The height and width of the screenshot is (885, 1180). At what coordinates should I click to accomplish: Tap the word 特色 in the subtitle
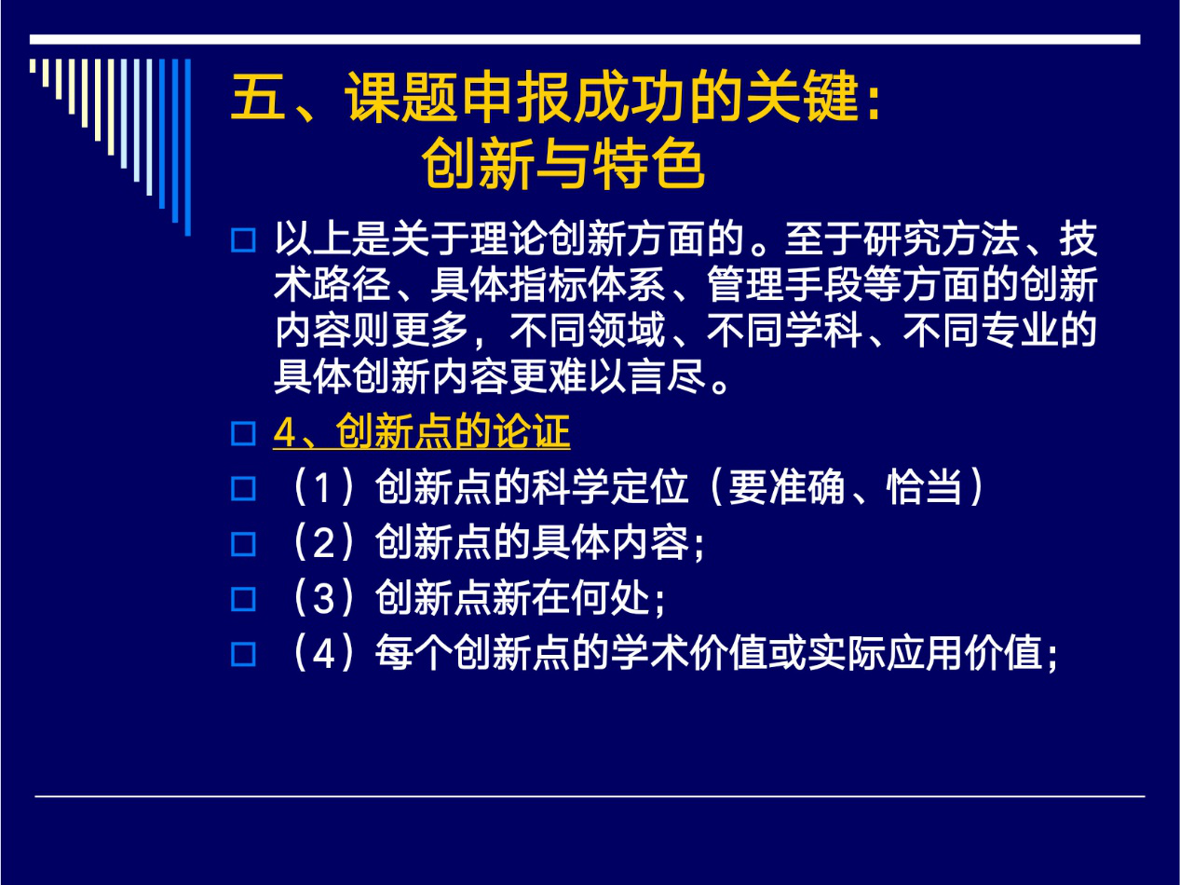(x=648, y=163)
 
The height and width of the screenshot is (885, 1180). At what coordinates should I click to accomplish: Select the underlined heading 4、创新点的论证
(x=422, y=431)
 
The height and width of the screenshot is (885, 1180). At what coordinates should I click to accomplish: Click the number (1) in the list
(x=323, y=487)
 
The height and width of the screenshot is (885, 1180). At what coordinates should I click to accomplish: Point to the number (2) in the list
(x=323, y=542)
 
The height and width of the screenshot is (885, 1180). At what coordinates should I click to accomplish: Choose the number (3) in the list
(x=323, y=598)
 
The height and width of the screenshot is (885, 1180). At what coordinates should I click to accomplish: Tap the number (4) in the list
(x=323, y=654)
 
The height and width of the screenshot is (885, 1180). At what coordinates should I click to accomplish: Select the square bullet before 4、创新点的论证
(x=243, y=433)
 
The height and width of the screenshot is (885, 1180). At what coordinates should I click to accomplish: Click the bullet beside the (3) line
(x=243, y=600)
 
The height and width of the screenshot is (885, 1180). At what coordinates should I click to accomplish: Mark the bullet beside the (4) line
(x=243, y=655)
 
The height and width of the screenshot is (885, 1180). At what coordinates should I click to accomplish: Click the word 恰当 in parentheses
(x=925, y=487)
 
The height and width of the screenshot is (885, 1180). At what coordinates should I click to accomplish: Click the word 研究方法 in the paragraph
(x=942, y=238)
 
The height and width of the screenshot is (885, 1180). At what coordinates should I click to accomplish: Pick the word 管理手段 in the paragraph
(x=785, y=284)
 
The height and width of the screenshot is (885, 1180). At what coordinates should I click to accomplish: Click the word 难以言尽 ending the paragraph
(x=626, y=376)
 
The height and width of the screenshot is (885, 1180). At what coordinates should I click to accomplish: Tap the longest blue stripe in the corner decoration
(x=187, y=147)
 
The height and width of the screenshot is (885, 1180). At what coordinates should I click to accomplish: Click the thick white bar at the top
(x=585, y=39)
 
